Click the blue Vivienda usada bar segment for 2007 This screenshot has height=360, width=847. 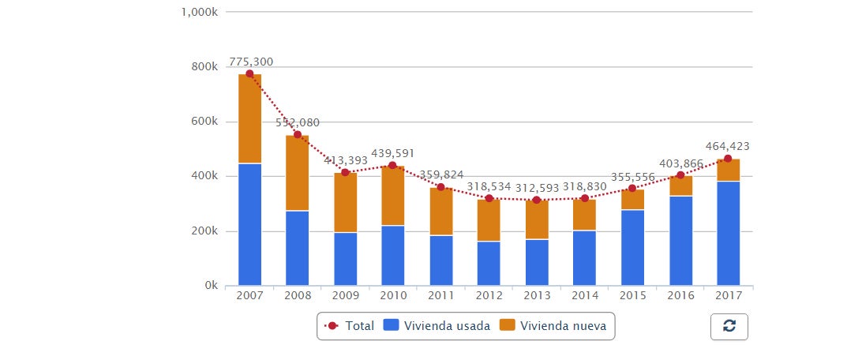[x=249, y=224]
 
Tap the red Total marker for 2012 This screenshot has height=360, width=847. [x=489, y=198]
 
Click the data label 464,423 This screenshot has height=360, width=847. [x=727, y=146]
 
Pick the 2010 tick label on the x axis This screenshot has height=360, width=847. [x=393, y=296]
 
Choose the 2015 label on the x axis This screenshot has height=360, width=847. [x=632, y=296]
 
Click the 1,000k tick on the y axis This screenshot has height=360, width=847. [x=201, y=12]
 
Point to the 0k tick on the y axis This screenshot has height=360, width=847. [x=209, y=286]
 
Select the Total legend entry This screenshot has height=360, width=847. [x=350, y=325]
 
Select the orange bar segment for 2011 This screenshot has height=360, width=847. [x=441, y=215]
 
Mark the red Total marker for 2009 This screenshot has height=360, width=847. [x=345, y=172]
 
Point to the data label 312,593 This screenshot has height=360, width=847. [x=537, y=186]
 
